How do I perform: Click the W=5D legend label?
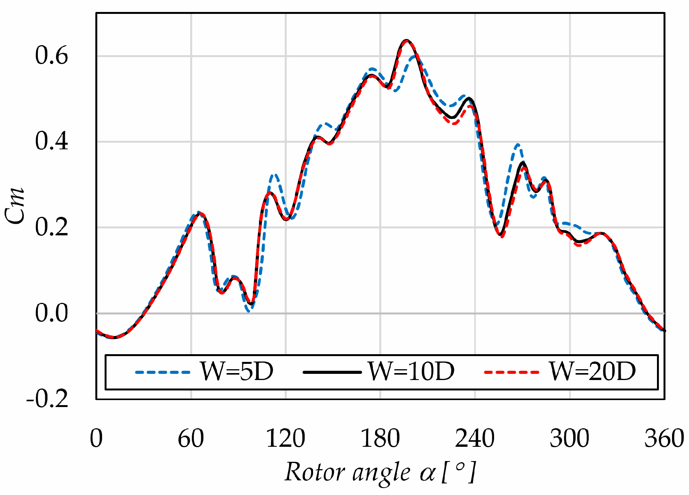236,372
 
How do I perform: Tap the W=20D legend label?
593,372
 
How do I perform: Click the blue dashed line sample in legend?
163,372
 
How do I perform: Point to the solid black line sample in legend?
332,372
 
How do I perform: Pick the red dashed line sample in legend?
511,372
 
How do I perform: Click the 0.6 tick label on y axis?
51,56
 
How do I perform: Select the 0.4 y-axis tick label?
51,141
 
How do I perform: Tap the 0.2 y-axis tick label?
51,227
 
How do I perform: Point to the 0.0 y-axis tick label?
51,313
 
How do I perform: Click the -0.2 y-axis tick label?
47,399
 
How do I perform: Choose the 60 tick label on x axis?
191,439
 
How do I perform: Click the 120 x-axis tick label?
286,439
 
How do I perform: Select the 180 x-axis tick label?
380,439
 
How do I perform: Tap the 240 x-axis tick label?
475,439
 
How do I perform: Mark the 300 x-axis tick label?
569,439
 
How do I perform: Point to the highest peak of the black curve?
406,40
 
